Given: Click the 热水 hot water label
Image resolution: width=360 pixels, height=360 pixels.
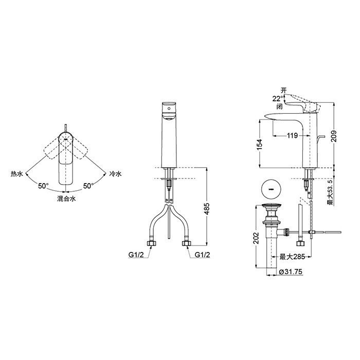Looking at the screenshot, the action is (x=17, y=174).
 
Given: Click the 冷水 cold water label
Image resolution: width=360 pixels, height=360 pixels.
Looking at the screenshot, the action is (x=115, y=174).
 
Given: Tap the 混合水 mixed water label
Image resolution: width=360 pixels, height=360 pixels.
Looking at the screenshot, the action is (x=66, y=199).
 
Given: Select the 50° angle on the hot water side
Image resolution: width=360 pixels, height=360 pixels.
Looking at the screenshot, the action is (x=43, y=186).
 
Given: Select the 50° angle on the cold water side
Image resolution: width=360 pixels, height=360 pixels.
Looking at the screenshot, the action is (x=88, y=186).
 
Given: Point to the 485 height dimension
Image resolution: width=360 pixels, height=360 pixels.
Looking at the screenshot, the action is (x=207, y=208).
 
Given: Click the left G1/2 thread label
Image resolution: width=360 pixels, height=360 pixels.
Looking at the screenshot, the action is (x=136, y=255).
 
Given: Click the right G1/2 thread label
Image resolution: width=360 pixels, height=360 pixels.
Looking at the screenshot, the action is (x=202, y=255).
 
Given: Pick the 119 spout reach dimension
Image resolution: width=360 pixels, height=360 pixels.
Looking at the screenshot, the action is (x=292, y=135).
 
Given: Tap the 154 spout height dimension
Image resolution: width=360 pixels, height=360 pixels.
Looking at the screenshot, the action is (x=259, y=145).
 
